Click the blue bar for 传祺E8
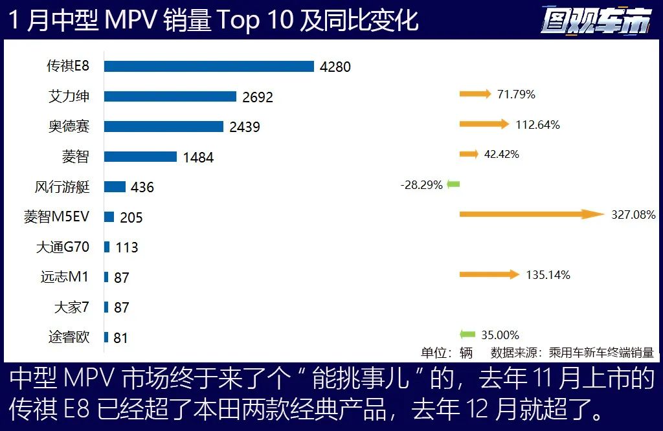pos(208,66)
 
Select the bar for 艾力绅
pos(170,96)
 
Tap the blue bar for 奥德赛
pos(163,126)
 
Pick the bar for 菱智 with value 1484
pos(140,157)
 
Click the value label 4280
pos(335,67)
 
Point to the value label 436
pos(142,187)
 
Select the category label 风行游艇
pos(62,187)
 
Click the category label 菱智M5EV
pos(56,217)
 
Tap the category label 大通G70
pos(63,247)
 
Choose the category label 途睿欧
pos(69,337)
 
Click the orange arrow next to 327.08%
pos(532,214)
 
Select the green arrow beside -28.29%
pos(453,184)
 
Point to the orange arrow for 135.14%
pos(489,274)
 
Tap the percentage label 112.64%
pos(538,124)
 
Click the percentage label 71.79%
pos(516,94)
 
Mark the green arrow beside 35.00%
pos(467,335)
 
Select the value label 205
pos(131,217)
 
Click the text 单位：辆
pos(447,353)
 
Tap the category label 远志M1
pos(65,276)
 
